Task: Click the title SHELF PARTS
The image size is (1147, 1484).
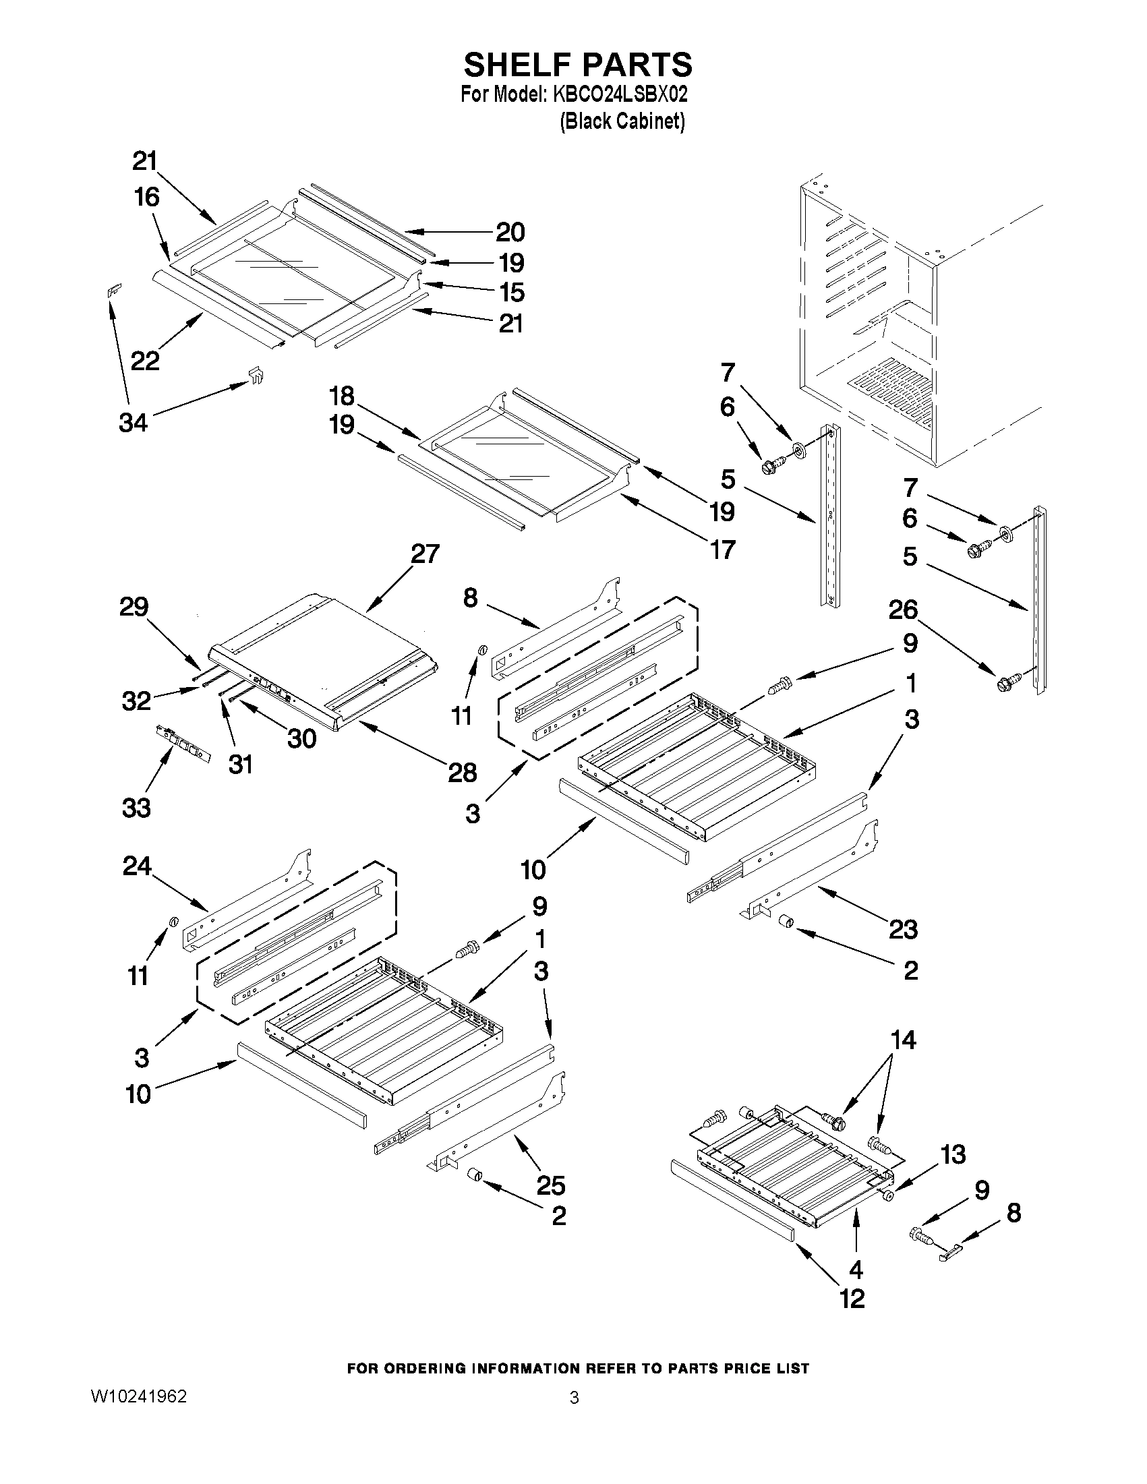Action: (578, 65)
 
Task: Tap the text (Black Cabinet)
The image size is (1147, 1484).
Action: (622, 121)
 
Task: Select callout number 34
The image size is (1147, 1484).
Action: (134, 423)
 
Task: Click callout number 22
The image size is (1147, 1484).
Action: (145, 360)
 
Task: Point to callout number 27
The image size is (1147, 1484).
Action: (425, 554)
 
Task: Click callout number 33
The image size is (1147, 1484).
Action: (136, 808)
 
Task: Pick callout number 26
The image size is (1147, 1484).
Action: (903, 610)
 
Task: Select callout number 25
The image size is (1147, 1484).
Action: (550, 1185)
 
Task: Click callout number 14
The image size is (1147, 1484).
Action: (903, 1040)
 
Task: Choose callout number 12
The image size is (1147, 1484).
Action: (853, 1299)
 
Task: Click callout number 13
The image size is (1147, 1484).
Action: (953, 1154)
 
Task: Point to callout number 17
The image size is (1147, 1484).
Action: (723, 549)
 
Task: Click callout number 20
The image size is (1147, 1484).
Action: (510, 233)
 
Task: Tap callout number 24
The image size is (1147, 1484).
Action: (138, 866)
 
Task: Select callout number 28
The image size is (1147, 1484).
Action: (462, 773)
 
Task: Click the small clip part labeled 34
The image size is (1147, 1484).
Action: (255, 374)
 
